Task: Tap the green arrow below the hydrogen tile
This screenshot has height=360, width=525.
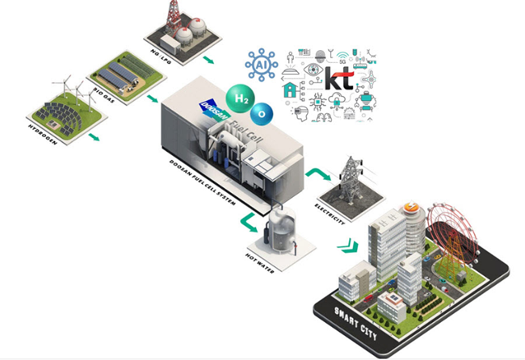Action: click(x=94, y=136)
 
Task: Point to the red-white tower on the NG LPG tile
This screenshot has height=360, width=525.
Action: click(x=171, y=16)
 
